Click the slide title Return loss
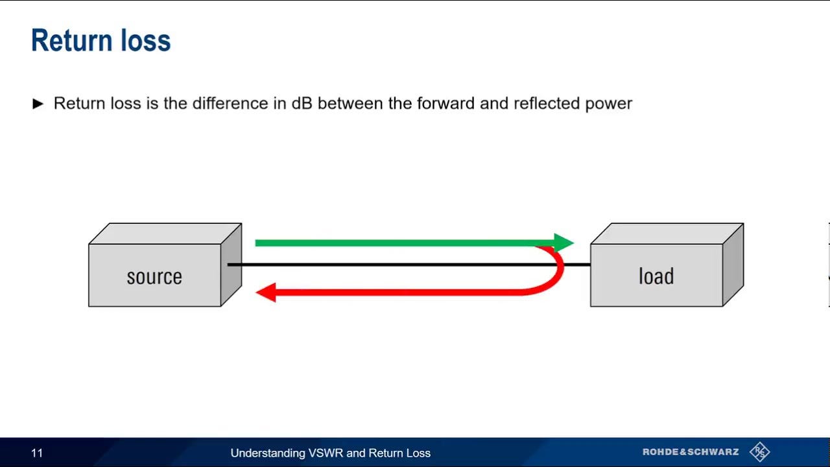[101, 40]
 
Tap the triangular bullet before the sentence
[38, 103]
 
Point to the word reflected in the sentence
[547, 103]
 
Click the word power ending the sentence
[608, 104]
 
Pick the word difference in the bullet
[230, 103]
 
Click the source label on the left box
[154, 277]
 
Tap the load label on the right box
[656, 276]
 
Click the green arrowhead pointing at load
[563, 243]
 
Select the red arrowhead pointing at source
[266, 293]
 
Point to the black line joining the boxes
[409, 265]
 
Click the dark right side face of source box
[231, 265]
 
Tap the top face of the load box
[667, 233]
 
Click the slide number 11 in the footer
[37, 453]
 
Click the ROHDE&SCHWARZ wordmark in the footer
[691, 452]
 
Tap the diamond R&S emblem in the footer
[759, 452]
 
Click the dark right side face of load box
[733, 265]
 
